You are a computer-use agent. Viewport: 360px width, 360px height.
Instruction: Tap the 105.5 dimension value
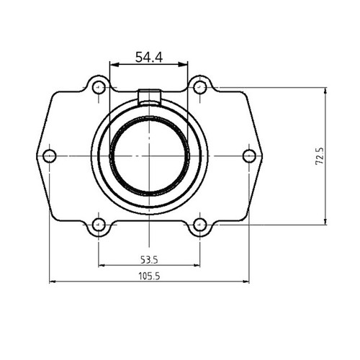(x=148, y=275)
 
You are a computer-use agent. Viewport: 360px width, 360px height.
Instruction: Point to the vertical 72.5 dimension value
(x=319, y=156)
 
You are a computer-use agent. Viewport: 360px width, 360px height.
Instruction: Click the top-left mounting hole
(x=99, y=88)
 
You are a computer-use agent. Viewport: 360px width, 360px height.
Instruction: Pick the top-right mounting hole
(x=200, y=88)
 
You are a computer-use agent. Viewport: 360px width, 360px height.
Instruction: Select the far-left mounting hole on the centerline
(x=49, y=156)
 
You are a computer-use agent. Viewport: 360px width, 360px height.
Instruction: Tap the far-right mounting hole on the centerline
(x=249, y=156)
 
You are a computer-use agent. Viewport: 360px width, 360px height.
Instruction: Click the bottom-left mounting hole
(x=99, y=225)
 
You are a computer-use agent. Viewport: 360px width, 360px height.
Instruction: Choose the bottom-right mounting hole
(x=200, y=225)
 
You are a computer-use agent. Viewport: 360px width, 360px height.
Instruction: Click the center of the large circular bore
(x=149, y=156)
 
